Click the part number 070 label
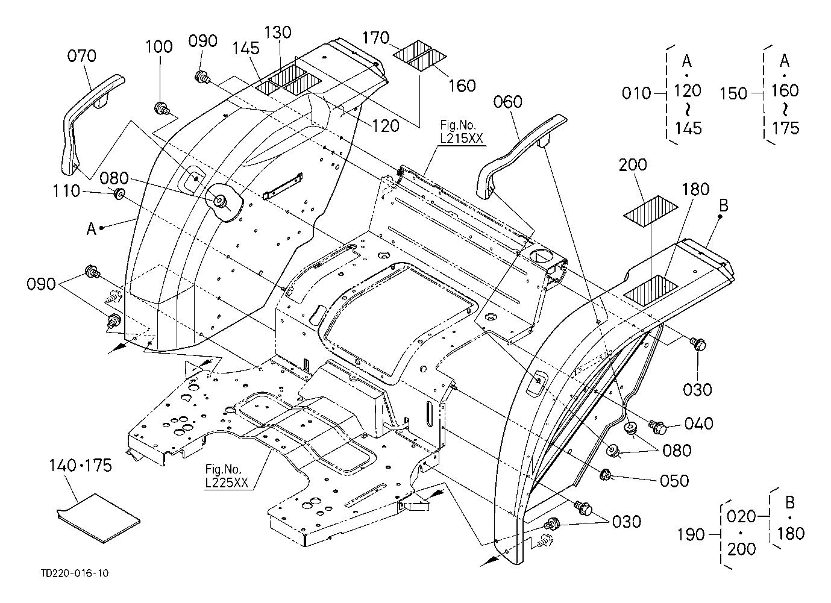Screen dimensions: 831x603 point(81,56)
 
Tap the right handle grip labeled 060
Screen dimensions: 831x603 point(519,156)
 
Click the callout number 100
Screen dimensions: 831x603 point(158,47)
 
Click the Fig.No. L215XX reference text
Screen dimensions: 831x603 point(462,132)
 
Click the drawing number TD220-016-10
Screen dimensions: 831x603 point(75,573)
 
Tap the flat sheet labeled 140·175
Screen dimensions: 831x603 point(98,519)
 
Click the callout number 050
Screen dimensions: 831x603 point(674,481)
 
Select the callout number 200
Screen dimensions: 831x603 point(633,165)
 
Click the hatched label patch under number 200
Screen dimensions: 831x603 point(650,211)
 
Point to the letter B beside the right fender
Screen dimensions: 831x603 point(723,205)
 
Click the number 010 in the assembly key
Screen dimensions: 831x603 point(636,93)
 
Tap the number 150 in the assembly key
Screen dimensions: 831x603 point(734,93)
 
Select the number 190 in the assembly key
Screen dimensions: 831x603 point(691,534)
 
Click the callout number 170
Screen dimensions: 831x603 point(375,38)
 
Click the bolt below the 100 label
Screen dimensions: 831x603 point(161,108)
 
